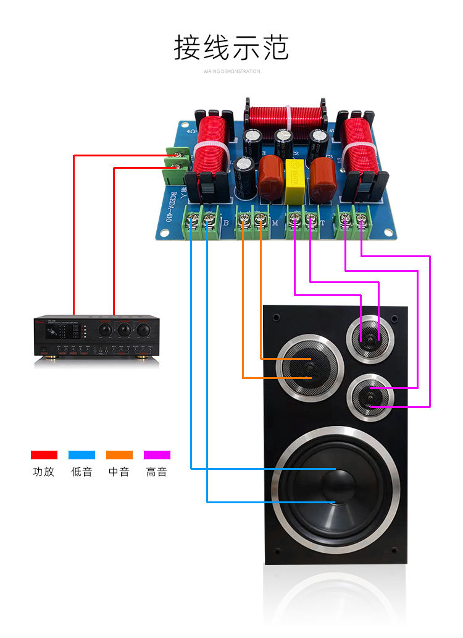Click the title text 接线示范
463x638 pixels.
[231, 48]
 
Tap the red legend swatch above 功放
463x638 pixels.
[44, 455]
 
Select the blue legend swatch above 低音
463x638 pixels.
[81, 455]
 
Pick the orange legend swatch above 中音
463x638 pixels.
[119, 455]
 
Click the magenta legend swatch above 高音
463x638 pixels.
[157, 455]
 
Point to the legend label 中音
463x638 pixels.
[119, 472]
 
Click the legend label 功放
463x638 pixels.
[44, 472]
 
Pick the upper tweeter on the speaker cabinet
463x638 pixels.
[370, 338]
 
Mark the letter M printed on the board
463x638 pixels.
[275, 223]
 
